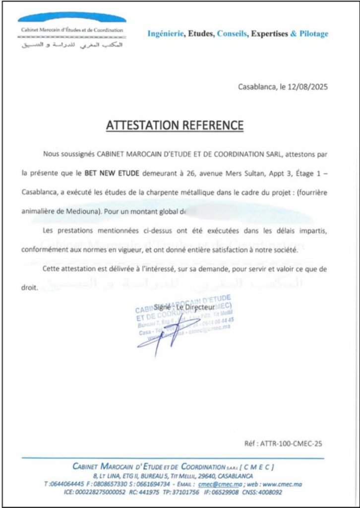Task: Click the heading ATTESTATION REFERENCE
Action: click(x=175, y=125)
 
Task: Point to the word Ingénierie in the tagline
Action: click(x=166, y=34)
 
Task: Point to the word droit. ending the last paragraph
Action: click(x=30, y=287)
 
